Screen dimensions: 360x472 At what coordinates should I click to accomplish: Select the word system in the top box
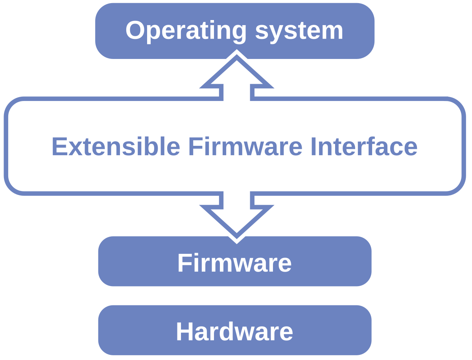point(299,31)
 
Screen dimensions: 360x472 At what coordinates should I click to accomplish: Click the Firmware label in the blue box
point(234,263)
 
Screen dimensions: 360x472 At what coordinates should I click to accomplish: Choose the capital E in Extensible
point(59,147)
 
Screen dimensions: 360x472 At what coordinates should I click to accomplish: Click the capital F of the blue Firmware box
point(184,263)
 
